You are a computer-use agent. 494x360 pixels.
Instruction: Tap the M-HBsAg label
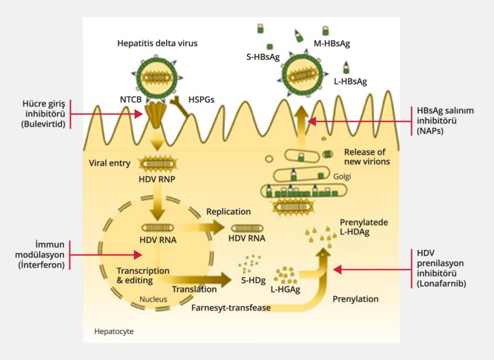(331, 44)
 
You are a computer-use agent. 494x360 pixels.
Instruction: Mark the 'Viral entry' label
(111, 163)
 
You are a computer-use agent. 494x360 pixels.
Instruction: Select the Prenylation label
(355, 299)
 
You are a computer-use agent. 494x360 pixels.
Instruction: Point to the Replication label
(228, 211)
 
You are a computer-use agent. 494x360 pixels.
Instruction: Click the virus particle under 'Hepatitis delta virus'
(158, 77)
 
